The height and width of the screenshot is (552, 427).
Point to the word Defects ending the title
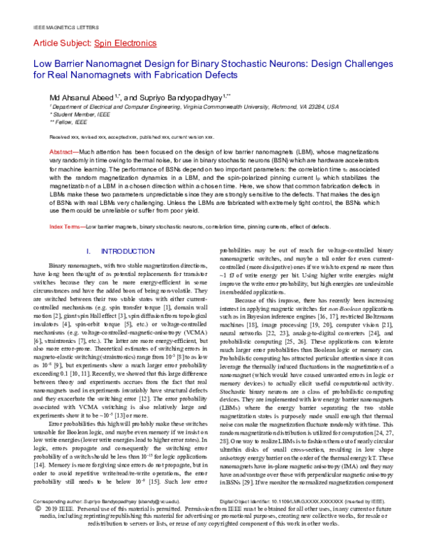pos(216,74)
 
